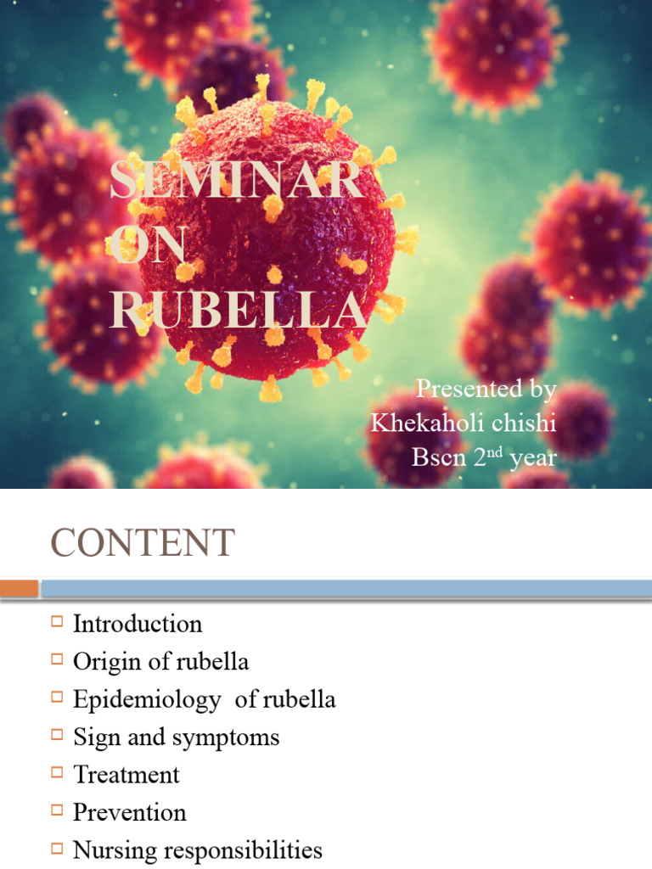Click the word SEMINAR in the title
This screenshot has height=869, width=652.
pyautogui.click(x=237, y=182)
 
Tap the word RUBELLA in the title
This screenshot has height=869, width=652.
pyautogui.click(x=239, y=311)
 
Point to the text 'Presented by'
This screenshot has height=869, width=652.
pyautogui.click(x=486, y=389)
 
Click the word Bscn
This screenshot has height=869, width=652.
pyautogui.click(x=438, y=457)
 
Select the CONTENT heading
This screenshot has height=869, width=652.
pyautogui.click(x=142, y=543)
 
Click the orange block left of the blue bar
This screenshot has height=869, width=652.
pyautogui.click(x=20, y=588)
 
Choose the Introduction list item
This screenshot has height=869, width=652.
pyautogui.click(x=138, y=624)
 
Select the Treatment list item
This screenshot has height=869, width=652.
pyautogui.click(x=126, y=775)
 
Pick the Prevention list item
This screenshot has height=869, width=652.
pyautogui.click(x=129, y=812)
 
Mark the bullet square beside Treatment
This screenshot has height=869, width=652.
pyautogui.click(x=57, y=772)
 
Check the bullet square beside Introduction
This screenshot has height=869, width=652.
pyautogui.click(x=57, y=621)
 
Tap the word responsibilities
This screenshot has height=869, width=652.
pyautogui.click(x=250, y=850)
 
